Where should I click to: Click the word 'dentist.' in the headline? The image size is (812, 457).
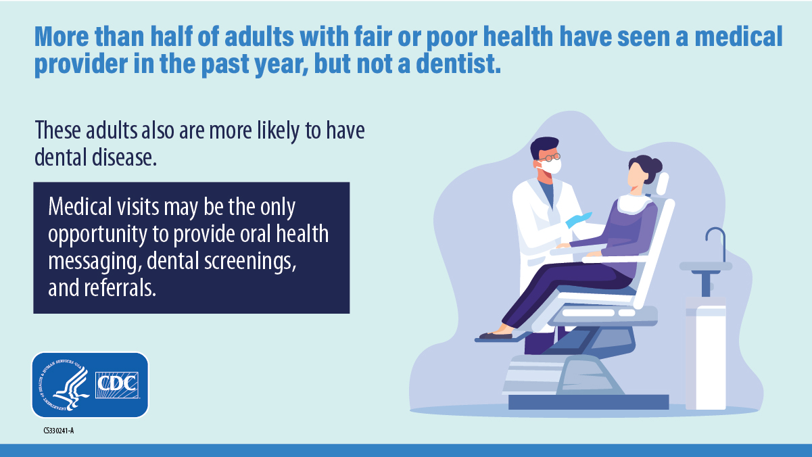click(x=458, y=64)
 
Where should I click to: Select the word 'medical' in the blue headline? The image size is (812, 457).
click(x=739, y=37)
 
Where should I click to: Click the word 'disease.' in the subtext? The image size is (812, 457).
click(x=124, y=158)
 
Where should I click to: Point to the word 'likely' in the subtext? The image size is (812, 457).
click(x=278, y=130)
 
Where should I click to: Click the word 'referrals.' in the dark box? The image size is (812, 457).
click(x=120, y=288)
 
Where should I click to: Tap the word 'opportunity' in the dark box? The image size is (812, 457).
click(x=97, y=235)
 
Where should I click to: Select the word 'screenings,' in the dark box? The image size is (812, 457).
click(x=250, y=262)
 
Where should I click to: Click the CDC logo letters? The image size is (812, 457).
click(x=118, y=385)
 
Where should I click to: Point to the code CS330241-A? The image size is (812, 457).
click(x=59, y=431)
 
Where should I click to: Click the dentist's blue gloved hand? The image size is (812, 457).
click(x=579, y=220)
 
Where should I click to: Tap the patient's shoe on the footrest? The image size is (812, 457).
click(x=496, y=335)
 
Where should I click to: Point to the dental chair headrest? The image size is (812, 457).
click(x=662, y=184)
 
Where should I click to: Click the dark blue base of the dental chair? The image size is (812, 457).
click(x=588, y=402)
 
